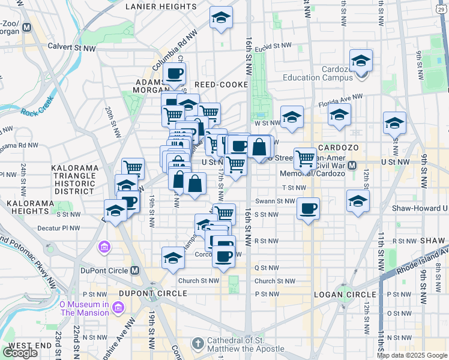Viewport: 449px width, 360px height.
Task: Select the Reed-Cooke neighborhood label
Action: coord(220,85)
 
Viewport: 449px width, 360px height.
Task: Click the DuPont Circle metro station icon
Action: coord(136,271)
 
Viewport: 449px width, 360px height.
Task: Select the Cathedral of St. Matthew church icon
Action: coord(197,344)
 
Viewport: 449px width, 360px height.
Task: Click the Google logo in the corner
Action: coord(20,352)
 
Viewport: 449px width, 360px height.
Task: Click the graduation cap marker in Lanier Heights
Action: coord(221,17)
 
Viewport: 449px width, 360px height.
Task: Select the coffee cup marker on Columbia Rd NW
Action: coord(175,73)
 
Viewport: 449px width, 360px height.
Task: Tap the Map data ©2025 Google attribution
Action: coord(412,355)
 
